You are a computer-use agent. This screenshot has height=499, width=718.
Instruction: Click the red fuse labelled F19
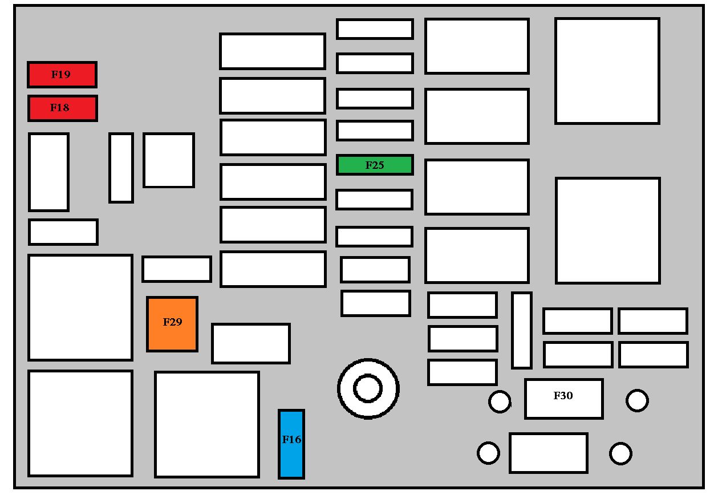[x=62, y=75]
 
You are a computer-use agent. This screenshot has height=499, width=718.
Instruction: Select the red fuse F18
[x=63, y=108]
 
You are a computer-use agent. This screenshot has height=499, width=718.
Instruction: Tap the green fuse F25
[x=375, y=165]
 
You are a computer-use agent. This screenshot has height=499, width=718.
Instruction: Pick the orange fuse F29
[x=172, y=324]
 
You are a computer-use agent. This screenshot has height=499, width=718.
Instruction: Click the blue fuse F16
[x=291, y=444]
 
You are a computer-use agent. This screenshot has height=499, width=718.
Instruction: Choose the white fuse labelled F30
[x=564, y=399]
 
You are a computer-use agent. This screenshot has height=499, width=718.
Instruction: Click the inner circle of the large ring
[x=368, y=388]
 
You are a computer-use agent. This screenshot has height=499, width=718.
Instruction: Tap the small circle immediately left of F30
[x=500, y=401]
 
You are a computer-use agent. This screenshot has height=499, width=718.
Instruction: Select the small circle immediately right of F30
[x=637, y=400]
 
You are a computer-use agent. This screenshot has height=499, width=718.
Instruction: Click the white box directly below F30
[x=549, y=453]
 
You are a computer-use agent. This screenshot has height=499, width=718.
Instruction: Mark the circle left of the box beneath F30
[x=488, y=453]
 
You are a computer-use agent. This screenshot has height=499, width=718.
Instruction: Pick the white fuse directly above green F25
[x=375, y=131]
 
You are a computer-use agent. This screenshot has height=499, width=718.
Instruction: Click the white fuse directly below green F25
[x=374, y=200]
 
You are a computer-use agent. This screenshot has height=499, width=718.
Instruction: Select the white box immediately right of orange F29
[x=251, y=343]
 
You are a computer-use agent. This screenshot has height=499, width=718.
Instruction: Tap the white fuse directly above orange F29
[x=177, y=269]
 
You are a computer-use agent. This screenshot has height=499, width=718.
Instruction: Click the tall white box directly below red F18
[x=48, y=172]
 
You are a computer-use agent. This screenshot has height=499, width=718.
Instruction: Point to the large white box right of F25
[x=477, y=187]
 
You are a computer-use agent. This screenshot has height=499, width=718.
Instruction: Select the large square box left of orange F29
[x=80, y=307]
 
